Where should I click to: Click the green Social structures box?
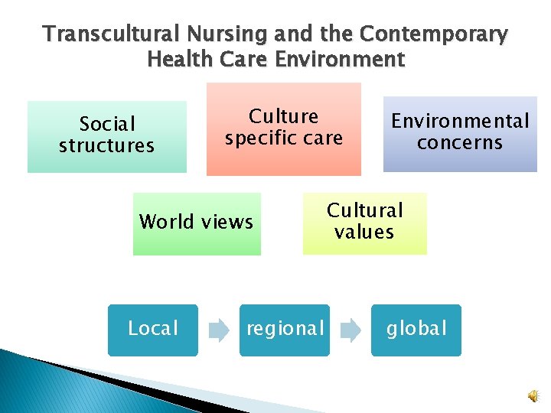[x=107, y=136]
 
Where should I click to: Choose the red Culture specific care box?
[x=283, y=128]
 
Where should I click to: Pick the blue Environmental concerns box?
[x=460, y=133]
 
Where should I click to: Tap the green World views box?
[x=196, y=223]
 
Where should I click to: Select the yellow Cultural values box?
[x=364, y=222]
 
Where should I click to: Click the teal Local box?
[x=153, y=330]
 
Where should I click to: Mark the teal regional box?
[x=285, y=330]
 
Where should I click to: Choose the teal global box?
[x=416, y=330]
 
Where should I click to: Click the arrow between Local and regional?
[x=219, y=330]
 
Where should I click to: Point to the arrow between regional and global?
[x=350, y=330]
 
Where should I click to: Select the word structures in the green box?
[x=106, y=145]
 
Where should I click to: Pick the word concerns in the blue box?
[x=460, y=142]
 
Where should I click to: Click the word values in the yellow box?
[x=364, y=232]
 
